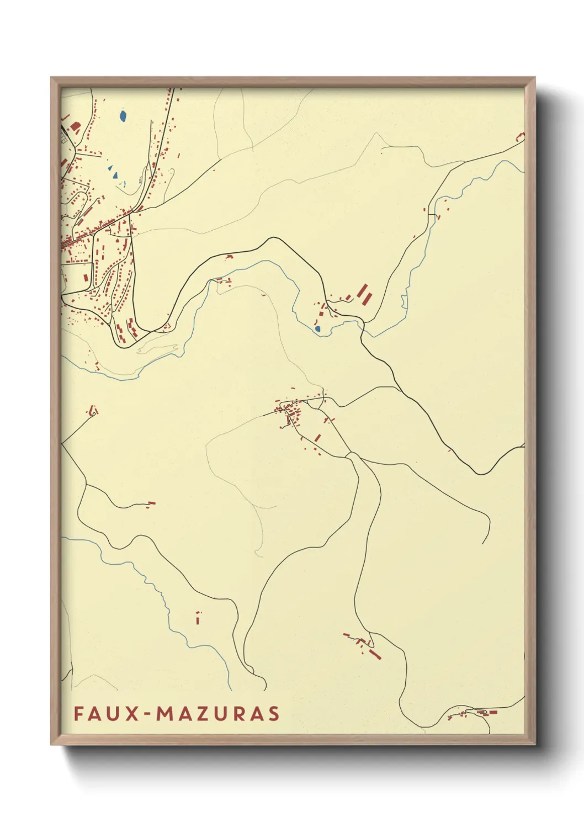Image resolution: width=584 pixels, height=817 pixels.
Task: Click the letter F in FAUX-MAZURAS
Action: [x=78, y=714]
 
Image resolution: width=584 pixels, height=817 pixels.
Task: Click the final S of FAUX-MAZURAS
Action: [x=273, y=714]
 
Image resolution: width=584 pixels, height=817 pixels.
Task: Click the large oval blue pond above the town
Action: [x=123, y=116]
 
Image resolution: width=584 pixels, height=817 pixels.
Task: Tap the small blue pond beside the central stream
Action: [x=317, y=329]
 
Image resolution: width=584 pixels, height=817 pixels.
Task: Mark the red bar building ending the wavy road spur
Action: [x=151, y=503]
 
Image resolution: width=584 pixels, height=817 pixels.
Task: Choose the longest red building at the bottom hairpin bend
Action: [x=375, y=654]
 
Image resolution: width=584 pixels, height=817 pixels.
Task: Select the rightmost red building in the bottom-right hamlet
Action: [x=493, y=712]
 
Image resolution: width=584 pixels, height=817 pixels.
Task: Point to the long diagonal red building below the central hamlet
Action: [x=317, y=438]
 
